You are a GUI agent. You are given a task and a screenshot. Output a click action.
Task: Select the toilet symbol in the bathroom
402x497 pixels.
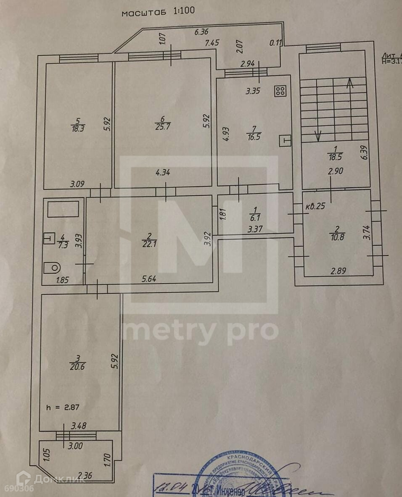[x=52, y=266]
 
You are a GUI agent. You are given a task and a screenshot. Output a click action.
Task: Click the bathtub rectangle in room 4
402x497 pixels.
[x=63, y=209]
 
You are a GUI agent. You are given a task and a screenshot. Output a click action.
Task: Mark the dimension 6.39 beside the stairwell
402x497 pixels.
[x=365, y=152]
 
